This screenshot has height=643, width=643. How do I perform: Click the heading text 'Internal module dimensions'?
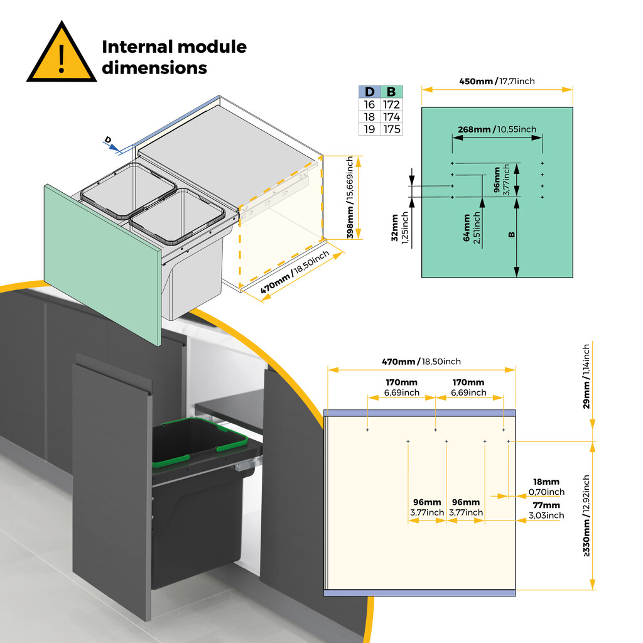pyautogui.click(x=174, y=57)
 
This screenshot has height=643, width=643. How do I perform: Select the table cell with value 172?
pyautogui.click(x=392, y=105)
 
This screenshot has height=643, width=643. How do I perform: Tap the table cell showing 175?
pyautogui.click(x=392, y=129)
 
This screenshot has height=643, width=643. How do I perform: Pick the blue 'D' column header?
pyautogui.click(x=369, y=92)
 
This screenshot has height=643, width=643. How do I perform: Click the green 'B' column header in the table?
pyautogui.click(x=392, y=92)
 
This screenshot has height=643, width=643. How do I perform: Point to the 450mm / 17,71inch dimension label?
pyautogui.click(x=497, y=81)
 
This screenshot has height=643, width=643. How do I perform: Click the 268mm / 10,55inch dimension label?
pyautogui.click(x=497, y=129)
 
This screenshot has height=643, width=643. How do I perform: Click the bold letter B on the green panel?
pyautogui.click(x=511, y=234)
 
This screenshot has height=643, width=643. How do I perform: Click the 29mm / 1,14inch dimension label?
pyautogui.click(x=586, y=376)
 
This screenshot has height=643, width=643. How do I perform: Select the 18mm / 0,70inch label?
pyautogui.click(x=546, y=487)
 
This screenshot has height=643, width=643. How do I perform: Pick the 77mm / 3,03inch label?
pyautogui.click(x=546, y=510)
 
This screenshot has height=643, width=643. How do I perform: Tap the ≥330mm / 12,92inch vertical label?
pyautogui.click(x=586, y=516)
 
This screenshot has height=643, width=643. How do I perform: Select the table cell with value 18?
pyautogui.click(x=369, y=117)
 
